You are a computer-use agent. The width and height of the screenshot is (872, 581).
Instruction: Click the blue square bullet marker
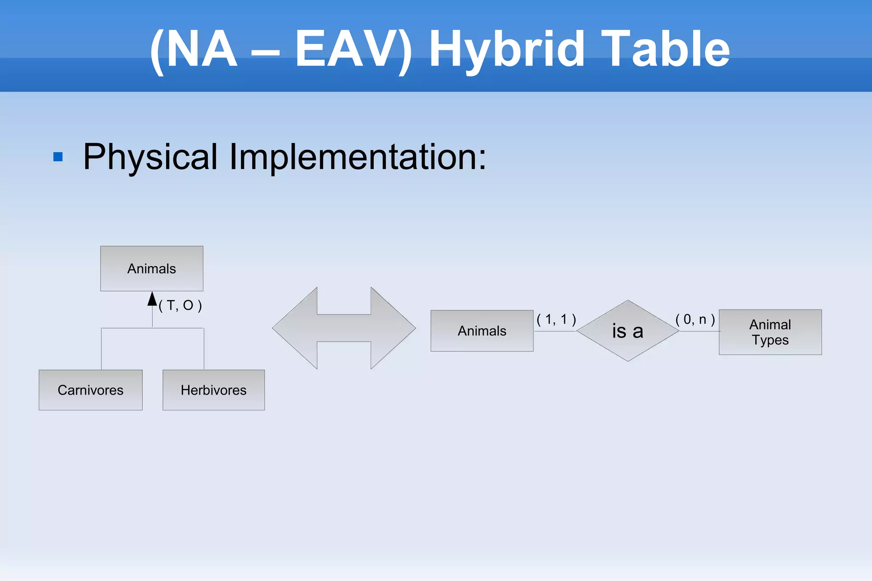58,157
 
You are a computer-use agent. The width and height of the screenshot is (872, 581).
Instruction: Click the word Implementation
358,157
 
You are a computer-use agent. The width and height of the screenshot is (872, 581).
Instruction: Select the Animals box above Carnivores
152,269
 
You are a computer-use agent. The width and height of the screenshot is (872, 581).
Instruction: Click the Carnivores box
90,390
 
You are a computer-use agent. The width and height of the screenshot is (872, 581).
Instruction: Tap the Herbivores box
213,390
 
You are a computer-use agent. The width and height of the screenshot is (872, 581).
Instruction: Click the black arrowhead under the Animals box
152,299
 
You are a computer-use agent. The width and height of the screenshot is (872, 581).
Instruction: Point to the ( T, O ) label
180,305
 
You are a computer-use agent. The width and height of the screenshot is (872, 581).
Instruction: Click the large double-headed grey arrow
344,328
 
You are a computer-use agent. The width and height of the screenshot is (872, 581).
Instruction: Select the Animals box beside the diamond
482,331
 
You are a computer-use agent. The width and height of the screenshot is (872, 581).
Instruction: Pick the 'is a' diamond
628,331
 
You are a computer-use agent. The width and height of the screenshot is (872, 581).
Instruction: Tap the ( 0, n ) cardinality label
695,319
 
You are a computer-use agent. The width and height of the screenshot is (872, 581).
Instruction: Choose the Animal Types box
770,332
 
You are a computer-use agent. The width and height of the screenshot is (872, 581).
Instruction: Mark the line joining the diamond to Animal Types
699,331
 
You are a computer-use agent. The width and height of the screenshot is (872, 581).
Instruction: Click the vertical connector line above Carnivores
101,349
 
